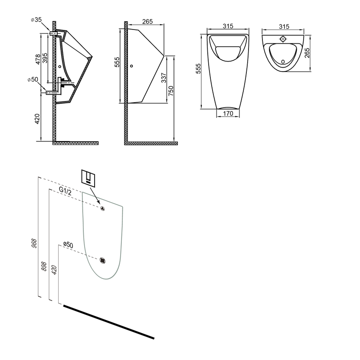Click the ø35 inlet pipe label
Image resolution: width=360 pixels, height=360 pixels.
tap(36, 20)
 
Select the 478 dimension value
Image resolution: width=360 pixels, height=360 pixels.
tap(38, 59)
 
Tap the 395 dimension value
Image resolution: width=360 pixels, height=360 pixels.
tap(45, 58)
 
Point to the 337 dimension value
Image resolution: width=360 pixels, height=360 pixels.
tap(164, 78)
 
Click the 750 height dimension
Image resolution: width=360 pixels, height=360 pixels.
tap(171, 91)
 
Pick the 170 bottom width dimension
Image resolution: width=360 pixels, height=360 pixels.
tap(228, 113)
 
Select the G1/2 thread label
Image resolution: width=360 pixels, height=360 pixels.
tap(65, 191)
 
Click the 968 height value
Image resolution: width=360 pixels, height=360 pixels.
tap(34, 243)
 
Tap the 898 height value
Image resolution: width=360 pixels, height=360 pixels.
tap(44, 266)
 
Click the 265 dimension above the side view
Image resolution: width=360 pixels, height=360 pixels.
tap(147, 21)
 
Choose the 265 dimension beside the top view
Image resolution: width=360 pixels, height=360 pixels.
tap(307, 53)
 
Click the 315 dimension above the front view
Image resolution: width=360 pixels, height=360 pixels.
tap(228, 26)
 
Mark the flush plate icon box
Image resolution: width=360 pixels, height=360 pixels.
tap(88, 177)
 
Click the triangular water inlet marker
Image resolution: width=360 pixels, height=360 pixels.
tap(102, 209)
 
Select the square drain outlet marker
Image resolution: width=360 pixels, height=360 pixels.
tap(103, 260)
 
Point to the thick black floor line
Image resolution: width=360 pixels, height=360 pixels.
tap(109, 322)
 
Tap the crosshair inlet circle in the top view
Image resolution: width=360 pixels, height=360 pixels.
tap(283, 39)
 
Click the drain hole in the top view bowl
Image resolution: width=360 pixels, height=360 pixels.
tap(283, 62)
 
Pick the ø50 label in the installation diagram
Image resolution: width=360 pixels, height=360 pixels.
tap(68, 245)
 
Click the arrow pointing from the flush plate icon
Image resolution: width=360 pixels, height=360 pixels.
tap(95, 196)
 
